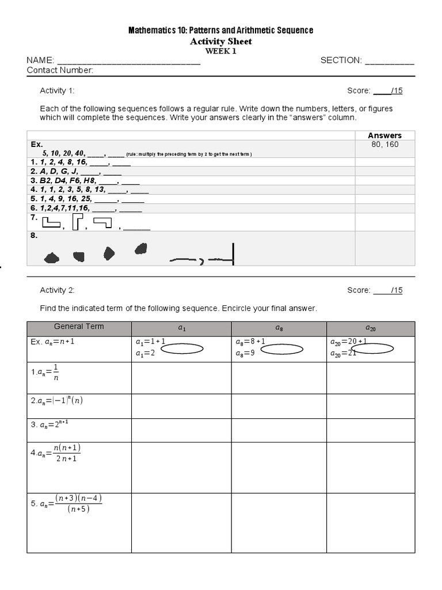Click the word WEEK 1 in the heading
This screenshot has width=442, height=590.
[221, 51]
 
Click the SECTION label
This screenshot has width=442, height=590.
[341, 60]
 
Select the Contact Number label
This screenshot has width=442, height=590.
[60, 70]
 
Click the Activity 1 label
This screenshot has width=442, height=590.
[57, 90]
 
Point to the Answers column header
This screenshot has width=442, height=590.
[384, 135]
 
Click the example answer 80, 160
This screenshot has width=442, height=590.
[384, 145]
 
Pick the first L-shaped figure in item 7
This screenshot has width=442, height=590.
[51, 224]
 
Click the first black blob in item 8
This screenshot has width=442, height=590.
[52, 258]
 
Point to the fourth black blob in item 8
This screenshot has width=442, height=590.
[140, 248]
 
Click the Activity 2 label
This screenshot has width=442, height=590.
[57, 290]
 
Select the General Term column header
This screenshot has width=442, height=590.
[79, 327]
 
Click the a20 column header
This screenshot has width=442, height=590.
[371, 328]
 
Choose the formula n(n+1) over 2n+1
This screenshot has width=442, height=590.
[60, 453]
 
